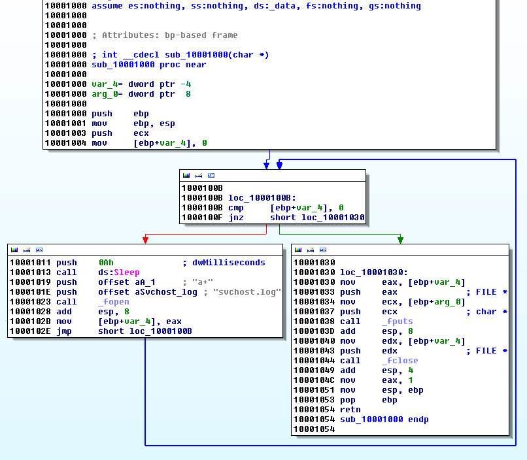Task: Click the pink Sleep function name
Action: (127, 272)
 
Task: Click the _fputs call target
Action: (397, 321)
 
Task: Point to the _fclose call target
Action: (399, 361)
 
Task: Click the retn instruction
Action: (350, 410)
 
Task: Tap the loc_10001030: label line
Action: (374, 272)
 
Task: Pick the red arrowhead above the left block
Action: (145, 239)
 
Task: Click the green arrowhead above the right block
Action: (400, 239)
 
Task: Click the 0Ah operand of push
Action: (106, 263)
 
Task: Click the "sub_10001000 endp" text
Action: (384, 419)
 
